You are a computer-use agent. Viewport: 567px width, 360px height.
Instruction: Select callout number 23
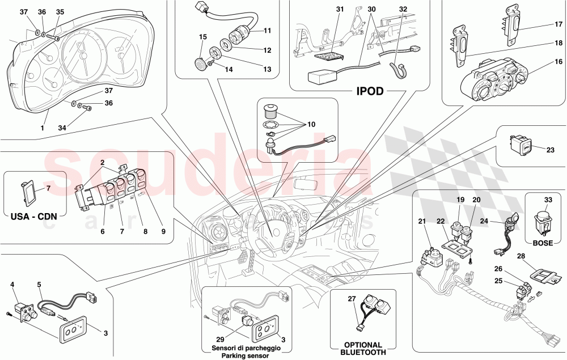(550, 150)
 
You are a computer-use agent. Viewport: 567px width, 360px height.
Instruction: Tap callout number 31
(340, 10)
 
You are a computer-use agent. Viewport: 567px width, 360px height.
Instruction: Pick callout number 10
(311, 124)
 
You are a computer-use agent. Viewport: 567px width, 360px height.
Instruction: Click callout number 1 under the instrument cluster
(42, 128)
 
